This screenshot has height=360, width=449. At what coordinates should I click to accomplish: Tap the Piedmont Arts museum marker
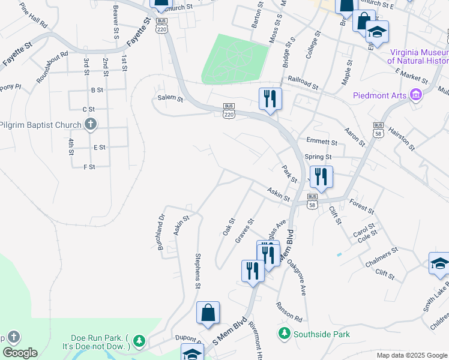pyautogui.click(x=415, y=95)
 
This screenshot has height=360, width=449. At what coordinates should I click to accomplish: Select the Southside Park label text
pyautogui.click(x=321, y=333)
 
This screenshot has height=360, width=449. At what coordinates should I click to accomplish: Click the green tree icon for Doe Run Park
pyautogui.click(x=139, y=341)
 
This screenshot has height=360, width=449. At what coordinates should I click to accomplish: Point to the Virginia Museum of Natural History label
pyautogui.click(x=418, y=56)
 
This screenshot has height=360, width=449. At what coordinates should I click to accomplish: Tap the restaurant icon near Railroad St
pyautogui.click(x=270, y=98)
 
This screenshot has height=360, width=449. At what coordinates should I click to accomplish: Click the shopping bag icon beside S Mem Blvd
pyautogui.click(x=208, y=313)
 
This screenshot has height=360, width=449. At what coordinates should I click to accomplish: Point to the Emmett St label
pyautogui.click(x=322, y=142)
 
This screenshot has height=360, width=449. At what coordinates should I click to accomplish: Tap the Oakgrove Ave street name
pyautogui.click(x=296, y=277)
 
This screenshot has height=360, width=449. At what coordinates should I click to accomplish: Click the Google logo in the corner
pyautogui.click(x=20, y=353)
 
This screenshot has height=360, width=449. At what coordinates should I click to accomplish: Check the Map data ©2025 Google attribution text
pyautogui.click(x=411, y=355)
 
